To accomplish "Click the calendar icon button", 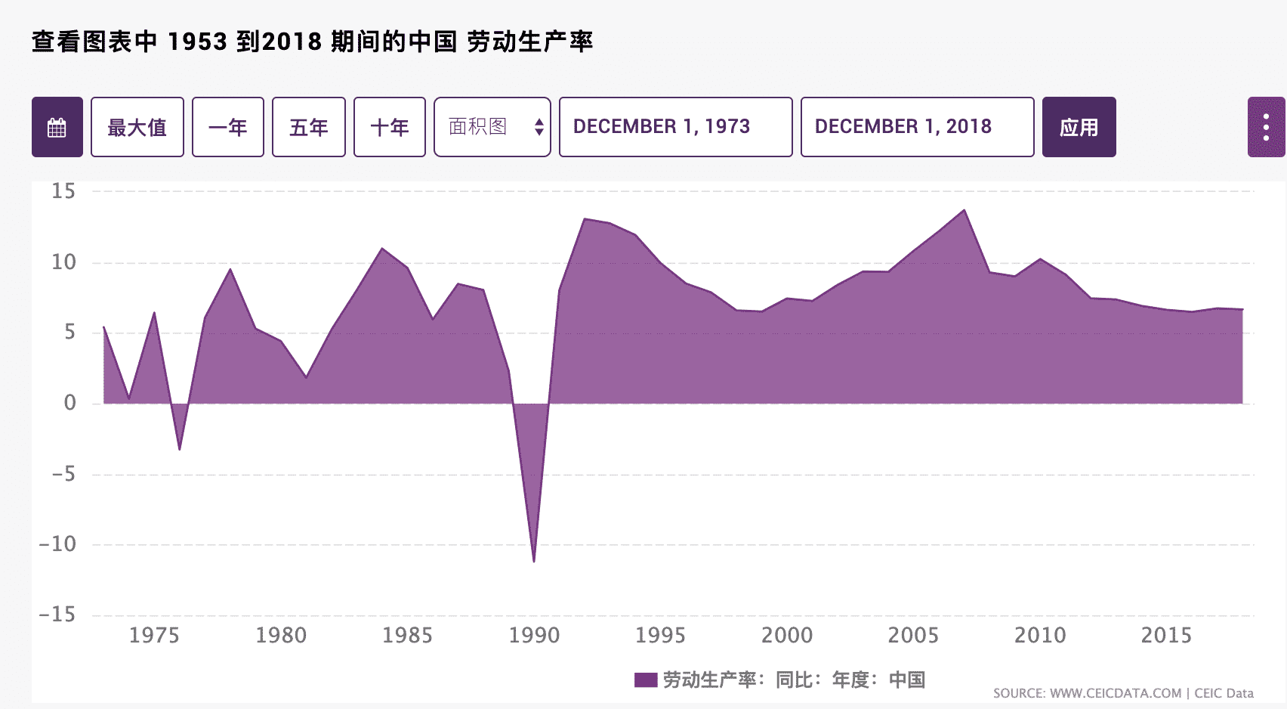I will click(57, 127).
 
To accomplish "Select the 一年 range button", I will click(228, 127).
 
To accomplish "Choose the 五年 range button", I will click(308, 127).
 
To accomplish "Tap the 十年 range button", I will click(390, 127).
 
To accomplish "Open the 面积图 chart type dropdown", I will click(492, 127).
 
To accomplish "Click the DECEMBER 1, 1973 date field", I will click(675, 127).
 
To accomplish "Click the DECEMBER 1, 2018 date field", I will click(917, 127).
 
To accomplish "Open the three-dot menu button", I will click(1266, 127).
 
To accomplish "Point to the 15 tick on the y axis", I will click(63, 191).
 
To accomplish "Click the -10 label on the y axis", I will click(58, 544).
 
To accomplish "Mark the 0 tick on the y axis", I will click(69, 403).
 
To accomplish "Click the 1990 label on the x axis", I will click(534, 635).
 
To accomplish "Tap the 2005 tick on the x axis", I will click(913, 635).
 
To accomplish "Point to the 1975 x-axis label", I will click(154, 635).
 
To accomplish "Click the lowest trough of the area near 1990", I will click(534, 561).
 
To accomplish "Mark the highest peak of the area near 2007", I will click(964, 211).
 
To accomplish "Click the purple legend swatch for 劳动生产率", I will click(646, 680).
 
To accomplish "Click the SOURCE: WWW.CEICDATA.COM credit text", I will click(1087, 693).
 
